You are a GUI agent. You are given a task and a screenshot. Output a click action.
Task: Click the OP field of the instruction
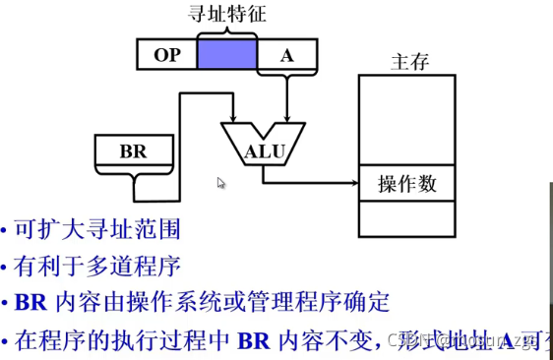pyautogui.click(x=167, y=56)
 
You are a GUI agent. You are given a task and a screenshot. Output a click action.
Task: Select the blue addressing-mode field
pyautogui.click(x=226, y=56)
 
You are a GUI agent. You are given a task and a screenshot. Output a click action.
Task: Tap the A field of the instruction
pyautogui.click(x=286, y=56)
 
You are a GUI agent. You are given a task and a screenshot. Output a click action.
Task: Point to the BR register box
pyautogui.click(x=132, y=151)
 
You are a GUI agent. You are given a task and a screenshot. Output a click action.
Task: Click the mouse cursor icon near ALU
pyautogui.click(x=221, y=183)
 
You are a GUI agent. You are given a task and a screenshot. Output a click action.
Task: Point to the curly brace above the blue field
pyautogui.click(x=226, y=31)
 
